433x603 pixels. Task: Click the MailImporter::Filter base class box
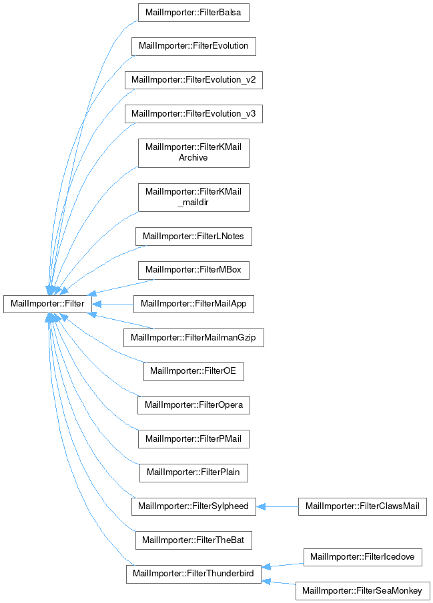pos(47,304)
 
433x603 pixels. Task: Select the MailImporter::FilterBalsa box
pos(193,13)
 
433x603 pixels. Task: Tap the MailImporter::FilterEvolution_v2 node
pos(193,80)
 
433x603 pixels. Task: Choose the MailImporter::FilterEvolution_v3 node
pos(193,113)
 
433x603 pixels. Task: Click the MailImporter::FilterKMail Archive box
pos(193,152)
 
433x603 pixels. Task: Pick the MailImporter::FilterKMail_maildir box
pos(193,197)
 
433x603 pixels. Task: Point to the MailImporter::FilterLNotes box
pos(193,236)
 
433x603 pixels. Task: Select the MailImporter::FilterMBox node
pos(193,270)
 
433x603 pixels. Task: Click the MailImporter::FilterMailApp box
pos(193,304)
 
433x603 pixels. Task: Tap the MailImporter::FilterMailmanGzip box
pos(193,337)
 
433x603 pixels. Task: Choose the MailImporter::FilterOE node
pos(193,370)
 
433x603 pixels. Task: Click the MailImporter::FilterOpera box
pos(193,404)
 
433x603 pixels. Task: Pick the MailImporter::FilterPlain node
pos(193,472)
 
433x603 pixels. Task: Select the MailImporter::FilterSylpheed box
pos(193,506)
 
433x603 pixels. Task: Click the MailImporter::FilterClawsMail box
pos(362,506)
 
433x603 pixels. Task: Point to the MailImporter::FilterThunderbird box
pos(193,574)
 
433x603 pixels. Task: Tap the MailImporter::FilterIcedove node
pos(362,556)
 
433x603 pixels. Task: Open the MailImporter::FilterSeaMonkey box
pos(362,590)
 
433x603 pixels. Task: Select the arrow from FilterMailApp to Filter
pos(112,304)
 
